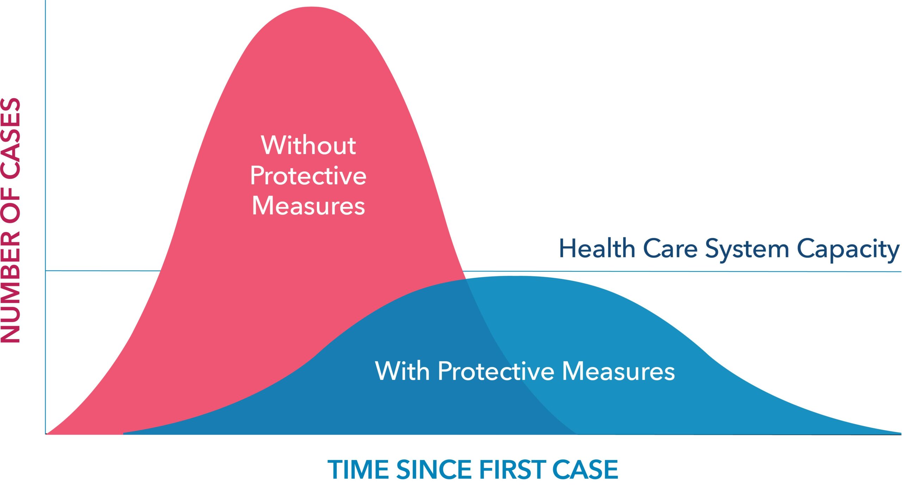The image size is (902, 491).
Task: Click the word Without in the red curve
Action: [308, 145]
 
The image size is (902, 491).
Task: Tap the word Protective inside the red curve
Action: [308, 175]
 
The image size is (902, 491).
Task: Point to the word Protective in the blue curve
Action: [496, 370]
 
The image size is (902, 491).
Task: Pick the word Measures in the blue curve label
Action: [619, 371]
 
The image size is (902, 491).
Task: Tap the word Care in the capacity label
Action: [670, 249]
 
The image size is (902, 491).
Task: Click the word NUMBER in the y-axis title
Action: [11, 287]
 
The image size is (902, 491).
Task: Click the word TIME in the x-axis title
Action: [358, 469]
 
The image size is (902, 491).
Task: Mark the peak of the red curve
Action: [311, 7]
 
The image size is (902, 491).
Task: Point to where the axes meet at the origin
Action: [45, 434]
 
